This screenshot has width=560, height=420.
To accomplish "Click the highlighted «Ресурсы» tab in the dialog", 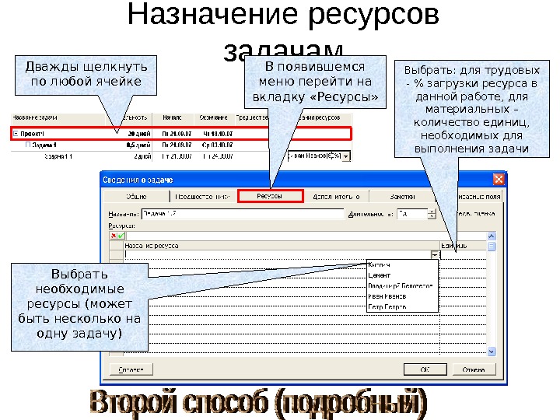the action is (270, 197).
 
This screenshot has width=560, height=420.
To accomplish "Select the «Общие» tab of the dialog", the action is (138, 197).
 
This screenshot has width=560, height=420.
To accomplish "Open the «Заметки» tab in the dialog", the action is (402, 197).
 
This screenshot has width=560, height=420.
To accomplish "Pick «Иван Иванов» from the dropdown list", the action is (387, 296).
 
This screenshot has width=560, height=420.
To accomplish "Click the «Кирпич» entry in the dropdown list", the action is (379, 264).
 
